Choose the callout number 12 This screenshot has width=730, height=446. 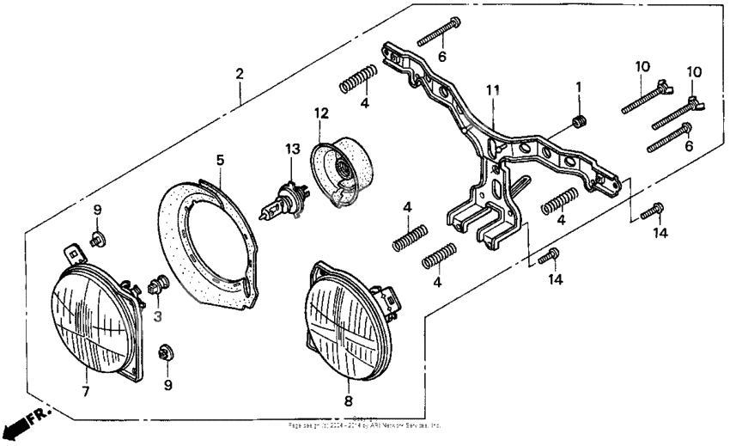(x=321, y=113)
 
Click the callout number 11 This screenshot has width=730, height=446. (x=491, y=89)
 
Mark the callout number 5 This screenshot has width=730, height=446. (x=220, y=160)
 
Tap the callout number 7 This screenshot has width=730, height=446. (x=85, y=393)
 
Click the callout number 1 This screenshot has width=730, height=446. (x=578, y=87)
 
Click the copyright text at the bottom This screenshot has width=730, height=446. (x=364, y=424)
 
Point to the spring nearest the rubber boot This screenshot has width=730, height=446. (x=357, y=79)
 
